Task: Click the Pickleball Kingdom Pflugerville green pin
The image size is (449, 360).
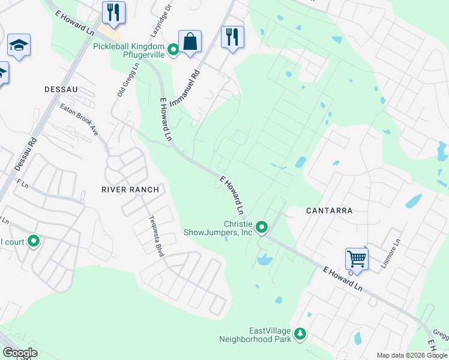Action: [174, 50]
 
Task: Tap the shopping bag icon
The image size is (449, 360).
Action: [190, 43]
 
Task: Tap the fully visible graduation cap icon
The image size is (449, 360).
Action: [19, 46]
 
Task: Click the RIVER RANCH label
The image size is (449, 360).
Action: [130, 190]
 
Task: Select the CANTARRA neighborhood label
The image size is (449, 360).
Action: [329, 211]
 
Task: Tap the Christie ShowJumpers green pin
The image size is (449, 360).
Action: [262, 227]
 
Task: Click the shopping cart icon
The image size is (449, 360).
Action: [357, 259]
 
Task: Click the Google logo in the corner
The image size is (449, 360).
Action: [20, 353]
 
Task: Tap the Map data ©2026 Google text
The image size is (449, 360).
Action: [411, 355]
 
